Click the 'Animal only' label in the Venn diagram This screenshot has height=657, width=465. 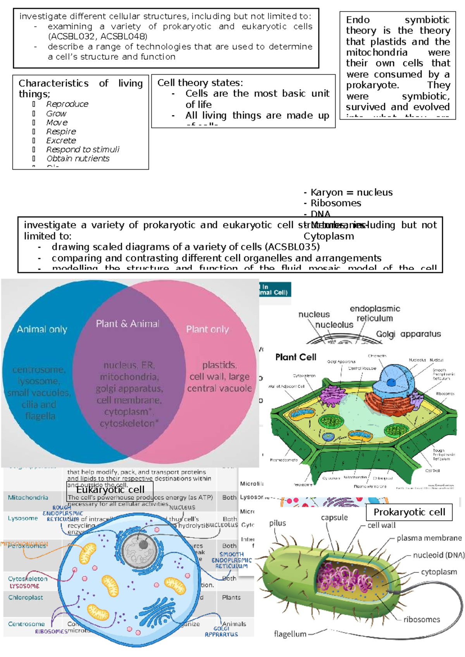tap(42, 329)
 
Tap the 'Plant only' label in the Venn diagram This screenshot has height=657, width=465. tap(207, 329)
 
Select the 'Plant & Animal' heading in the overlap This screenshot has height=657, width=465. tap(127, 324)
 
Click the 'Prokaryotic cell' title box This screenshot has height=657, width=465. tap(409, 512)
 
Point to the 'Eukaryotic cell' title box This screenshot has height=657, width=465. tap(110, 490)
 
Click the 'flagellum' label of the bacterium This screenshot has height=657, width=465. tap(290, 634)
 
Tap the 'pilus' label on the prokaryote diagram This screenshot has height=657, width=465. tap(277, 523)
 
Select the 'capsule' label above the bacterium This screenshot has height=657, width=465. tap(334, 518)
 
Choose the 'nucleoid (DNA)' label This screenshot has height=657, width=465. tap(438, 555)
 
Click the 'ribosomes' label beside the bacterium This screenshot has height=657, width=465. tap(422, 619)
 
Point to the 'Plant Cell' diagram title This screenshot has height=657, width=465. tap(296, 357)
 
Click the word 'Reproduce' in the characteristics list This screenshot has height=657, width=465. tap(67, 104)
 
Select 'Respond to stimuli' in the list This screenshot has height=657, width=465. tap(83, 150)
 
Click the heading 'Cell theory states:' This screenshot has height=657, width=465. tap(200, 83)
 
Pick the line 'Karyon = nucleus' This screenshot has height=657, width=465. tap(351, 192)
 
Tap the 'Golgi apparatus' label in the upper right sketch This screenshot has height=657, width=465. tap(408, 334)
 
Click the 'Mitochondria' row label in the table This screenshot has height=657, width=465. tap(28, 497)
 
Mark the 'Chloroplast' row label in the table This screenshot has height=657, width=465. tap(26, 597)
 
